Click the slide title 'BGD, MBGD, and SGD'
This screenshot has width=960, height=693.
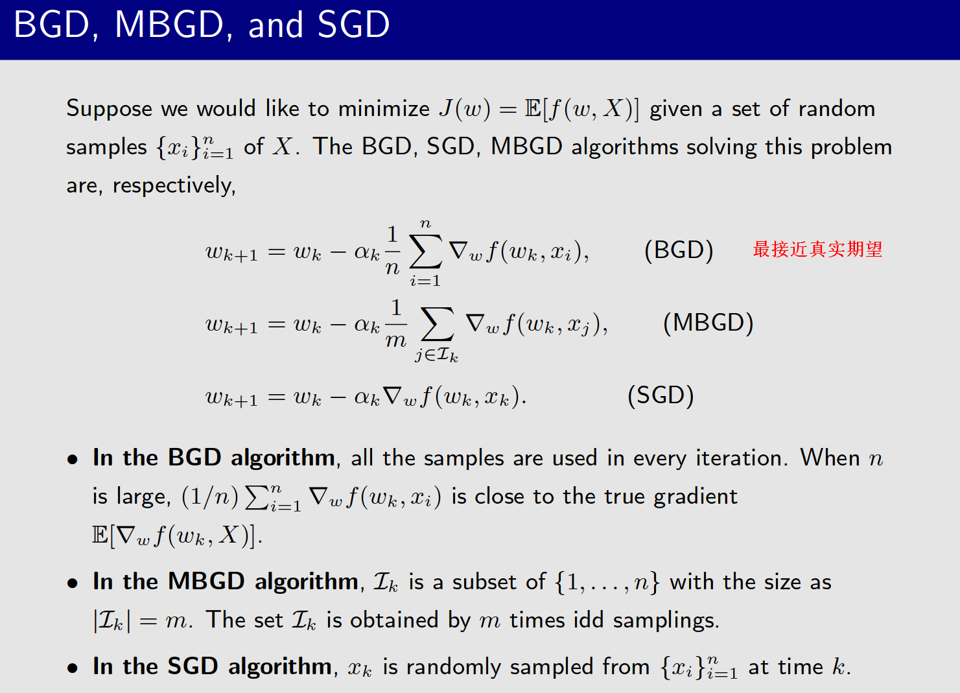pos(202,26)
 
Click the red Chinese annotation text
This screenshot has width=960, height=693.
pos(817,250)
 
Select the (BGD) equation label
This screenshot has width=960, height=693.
pos(679,250)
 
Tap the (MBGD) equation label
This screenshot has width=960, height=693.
pos(708,323)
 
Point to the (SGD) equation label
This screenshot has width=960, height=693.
pos(661,395)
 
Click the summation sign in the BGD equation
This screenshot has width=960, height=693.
pos(425,252)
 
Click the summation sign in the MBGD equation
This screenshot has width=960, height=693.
pos(436,324)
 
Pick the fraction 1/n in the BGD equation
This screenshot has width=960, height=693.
pos(392,251)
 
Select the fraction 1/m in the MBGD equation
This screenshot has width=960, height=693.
pos(396,323)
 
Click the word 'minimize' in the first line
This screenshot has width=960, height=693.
pos(384,109)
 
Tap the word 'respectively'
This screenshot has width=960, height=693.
pos(173,186)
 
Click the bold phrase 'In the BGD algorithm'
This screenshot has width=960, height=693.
pos(214,458)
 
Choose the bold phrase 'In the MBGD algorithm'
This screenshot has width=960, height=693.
pos(225,581)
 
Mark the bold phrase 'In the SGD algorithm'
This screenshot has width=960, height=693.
pos(212,666)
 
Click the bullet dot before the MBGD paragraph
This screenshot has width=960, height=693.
pos(73,583)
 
